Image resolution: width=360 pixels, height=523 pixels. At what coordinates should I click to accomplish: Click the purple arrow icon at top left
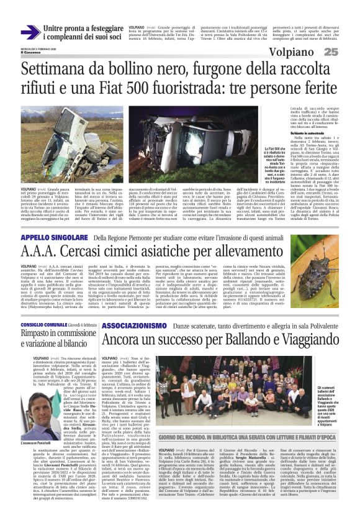point(30,32)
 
